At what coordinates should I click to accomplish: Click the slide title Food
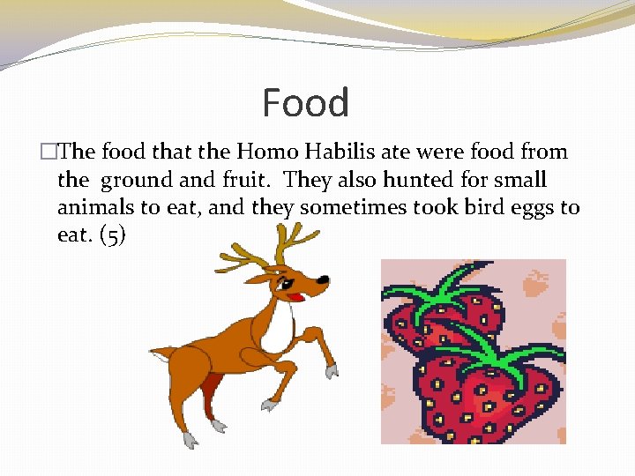[x=306, y=103]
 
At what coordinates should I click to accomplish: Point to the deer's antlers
[x=273, y=243]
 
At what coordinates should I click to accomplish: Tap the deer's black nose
[x=324, y=280]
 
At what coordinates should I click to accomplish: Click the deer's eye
[x=288, y=284]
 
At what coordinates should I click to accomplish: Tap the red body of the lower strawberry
[x=485, y=397]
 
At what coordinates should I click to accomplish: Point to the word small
[x=519, y=180]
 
